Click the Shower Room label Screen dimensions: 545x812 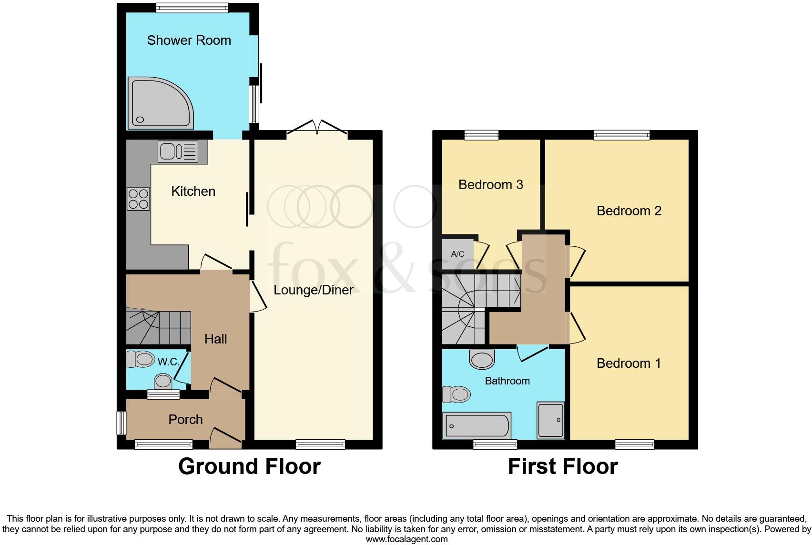click(189, 40)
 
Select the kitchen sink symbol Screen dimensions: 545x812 click(178, 152)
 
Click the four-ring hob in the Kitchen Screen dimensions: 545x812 click(138, 199)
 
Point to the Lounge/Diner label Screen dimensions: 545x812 click(313, 290)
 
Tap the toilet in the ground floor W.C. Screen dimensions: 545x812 click(141, 359)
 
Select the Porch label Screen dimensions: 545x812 click(185, 420)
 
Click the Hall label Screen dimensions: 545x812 click(215, 339)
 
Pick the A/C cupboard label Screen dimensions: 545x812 click(457, 254)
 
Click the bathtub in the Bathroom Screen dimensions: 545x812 click(477, 425)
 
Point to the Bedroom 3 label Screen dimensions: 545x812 click(490, 185)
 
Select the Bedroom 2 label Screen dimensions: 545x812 click(629, 211)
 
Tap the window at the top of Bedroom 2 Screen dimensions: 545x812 click(621, 135)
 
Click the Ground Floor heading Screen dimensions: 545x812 click(249, 466)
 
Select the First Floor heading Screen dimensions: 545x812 click(562, 466)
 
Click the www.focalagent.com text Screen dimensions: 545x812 click(406, 539)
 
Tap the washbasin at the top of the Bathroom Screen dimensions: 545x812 click(482, 360)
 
